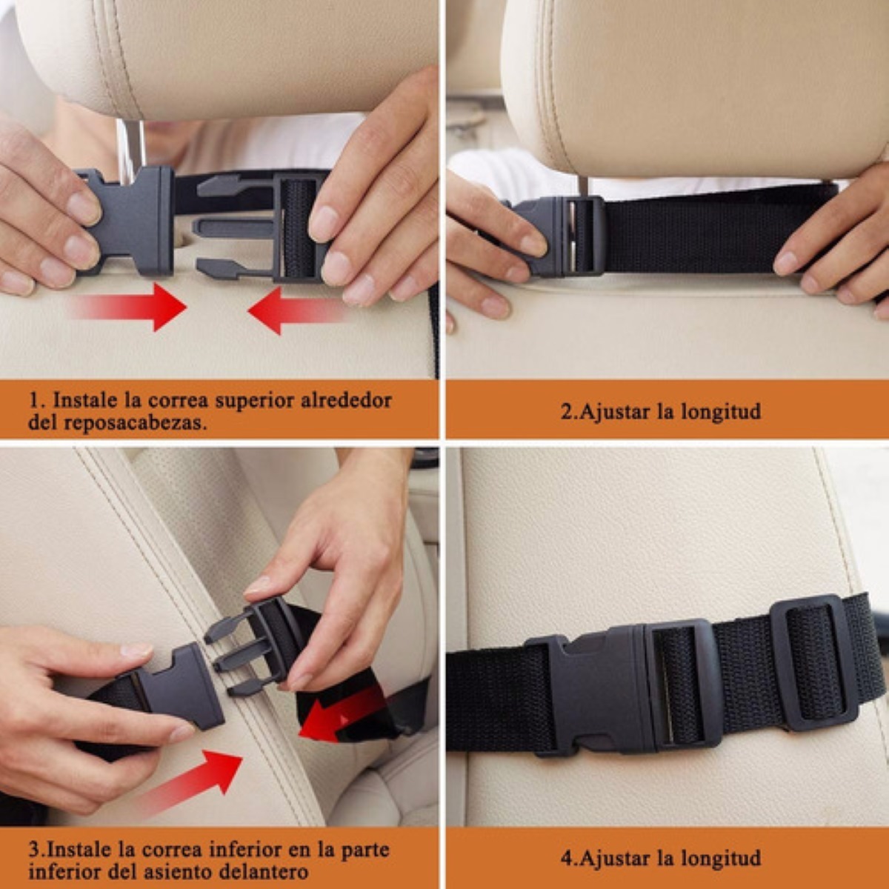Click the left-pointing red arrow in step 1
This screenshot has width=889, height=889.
tap(296, 310)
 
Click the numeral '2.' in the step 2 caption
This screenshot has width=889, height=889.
tap(568, 411)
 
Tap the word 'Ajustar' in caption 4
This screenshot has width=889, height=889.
tap(615, 859)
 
